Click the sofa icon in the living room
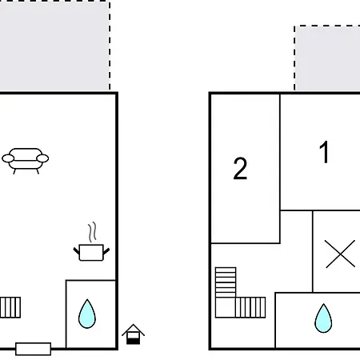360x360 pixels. click(x=26, y=160)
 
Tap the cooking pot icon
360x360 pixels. click(x=91, y=252)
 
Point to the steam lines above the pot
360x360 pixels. click(x=92, y=232)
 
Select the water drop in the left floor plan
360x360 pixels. click(x=87, y=314)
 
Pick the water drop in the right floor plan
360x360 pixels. click(x=323, y=318)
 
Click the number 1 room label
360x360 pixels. click(x=324, y=152)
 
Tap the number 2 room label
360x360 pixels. click(x=240, y=168)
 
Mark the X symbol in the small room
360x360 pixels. click(x=340, y=254)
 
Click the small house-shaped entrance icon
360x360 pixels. click(x=133, y=334)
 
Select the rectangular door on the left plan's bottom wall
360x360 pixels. click(x=34, y=349)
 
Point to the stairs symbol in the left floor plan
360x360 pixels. click(x=10, y=307)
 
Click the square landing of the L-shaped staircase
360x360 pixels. click(x=226, y=307)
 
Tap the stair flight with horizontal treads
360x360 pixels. click(x=226, y=282)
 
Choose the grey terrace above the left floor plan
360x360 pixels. click(x=54, y=46)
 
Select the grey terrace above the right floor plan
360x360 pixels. click(x=327, y=58)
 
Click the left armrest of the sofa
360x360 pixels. click(x=8, y=158)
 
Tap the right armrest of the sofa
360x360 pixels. click(x=42, y=158)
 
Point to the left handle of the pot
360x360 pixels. click(x=77, y=251)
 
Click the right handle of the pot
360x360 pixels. click(x=106, y=251)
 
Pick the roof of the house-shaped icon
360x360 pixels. click(x=133, y=330)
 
